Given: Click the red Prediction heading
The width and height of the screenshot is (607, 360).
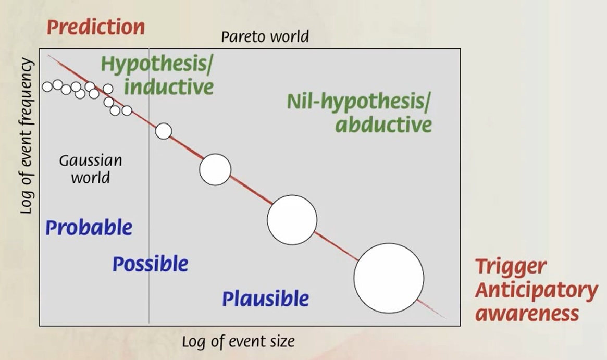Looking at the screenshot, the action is click(x=96, y=27).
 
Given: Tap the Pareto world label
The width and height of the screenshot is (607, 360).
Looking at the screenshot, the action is click(x=265, y=37).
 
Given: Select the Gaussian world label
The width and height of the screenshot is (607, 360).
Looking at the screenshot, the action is click(x=91, y=169).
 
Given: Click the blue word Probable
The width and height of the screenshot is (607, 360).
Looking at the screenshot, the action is click(x=89, y=228).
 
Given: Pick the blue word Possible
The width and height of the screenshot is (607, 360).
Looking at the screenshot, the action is click(x=150, y=264).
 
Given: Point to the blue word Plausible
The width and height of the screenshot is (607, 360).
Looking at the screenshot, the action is click(x=266, y=299).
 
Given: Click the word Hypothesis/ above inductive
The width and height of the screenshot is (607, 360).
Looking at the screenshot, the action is click(x=157, y=64).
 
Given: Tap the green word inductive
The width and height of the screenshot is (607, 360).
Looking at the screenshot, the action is click(x=169, y=86).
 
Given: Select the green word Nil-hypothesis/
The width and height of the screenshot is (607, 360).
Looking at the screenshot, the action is click(x=358, y=102).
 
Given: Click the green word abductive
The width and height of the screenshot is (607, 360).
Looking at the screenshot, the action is click(x=383, y=125).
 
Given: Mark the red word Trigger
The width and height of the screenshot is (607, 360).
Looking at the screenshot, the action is click(x=511, y=267).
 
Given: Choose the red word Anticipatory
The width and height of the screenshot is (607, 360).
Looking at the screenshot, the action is click(x=537, y=290).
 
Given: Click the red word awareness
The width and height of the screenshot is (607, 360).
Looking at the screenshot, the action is click(x=527, y=314).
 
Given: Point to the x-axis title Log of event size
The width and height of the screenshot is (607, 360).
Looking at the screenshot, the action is click(x=238, y=341).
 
